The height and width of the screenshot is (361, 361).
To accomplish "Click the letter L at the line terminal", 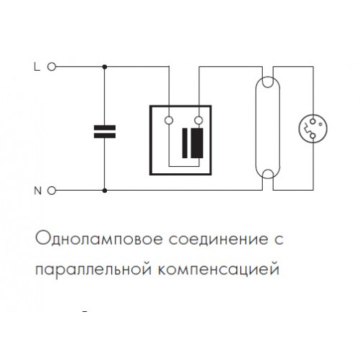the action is pos(37,66).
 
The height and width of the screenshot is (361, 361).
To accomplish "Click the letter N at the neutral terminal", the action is pos(38,191).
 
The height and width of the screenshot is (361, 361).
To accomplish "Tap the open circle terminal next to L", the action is pos(52,66).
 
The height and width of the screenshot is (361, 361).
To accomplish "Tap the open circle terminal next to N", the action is pos(52,191).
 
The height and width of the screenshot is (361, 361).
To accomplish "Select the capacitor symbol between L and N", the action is pos(105,131).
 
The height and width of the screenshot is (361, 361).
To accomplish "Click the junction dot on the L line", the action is pos(105,67).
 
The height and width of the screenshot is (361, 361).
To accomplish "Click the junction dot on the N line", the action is pos(105,191).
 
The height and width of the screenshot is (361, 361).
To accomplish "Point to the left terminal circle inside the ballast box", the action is pos(169,120).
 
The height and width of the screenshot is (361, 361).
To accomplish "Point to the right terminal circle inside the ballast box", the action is pos(199,120).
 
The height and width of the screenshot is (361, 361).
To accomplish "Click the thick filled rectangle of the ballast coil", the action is pos(197,143).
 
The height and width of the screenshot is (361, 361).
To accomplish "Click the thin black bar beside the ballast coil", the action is pos(185,143).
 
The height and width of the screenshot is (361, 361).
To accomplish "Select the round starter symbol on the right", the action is pos(313,129).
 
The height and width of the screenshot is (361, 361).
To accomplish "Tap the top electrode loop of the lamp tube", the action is pos(268,82).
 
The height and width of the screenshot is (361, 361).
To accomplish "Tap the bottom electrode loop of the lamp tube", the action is pos(268,174).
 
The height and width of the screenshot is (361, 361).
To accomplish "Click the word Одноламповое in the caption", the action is pos(99,239).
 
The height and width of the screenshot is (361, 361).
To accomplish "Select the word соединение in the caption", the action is pos(219,240).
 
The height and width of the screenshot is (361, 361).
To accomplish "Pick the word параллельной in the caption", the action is pos(94,269).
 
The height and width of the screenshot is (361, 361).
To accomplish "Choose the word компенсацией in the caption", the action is pos(219,270).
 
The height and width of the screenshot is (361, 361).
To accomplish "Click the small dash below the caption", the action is pos(84,312).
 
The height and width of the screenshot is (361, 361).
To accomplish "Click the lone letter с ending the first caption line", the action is pos(279,240).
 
